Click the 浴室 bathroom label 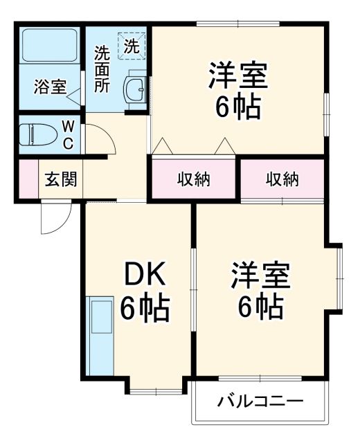(x=51, y=87)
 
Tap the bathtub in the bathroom (x=49, y=46)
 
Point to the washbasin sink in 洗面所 (x=134, y=89)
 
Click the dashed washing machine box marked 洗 (x=131, y=45)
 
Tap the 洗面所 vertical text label (x=102, y=69)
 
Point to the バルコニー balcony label (x=260, y=401)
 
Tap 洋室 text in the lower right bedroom (x=261, y=275)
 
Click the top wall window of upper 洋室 (x=238, y=25)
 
